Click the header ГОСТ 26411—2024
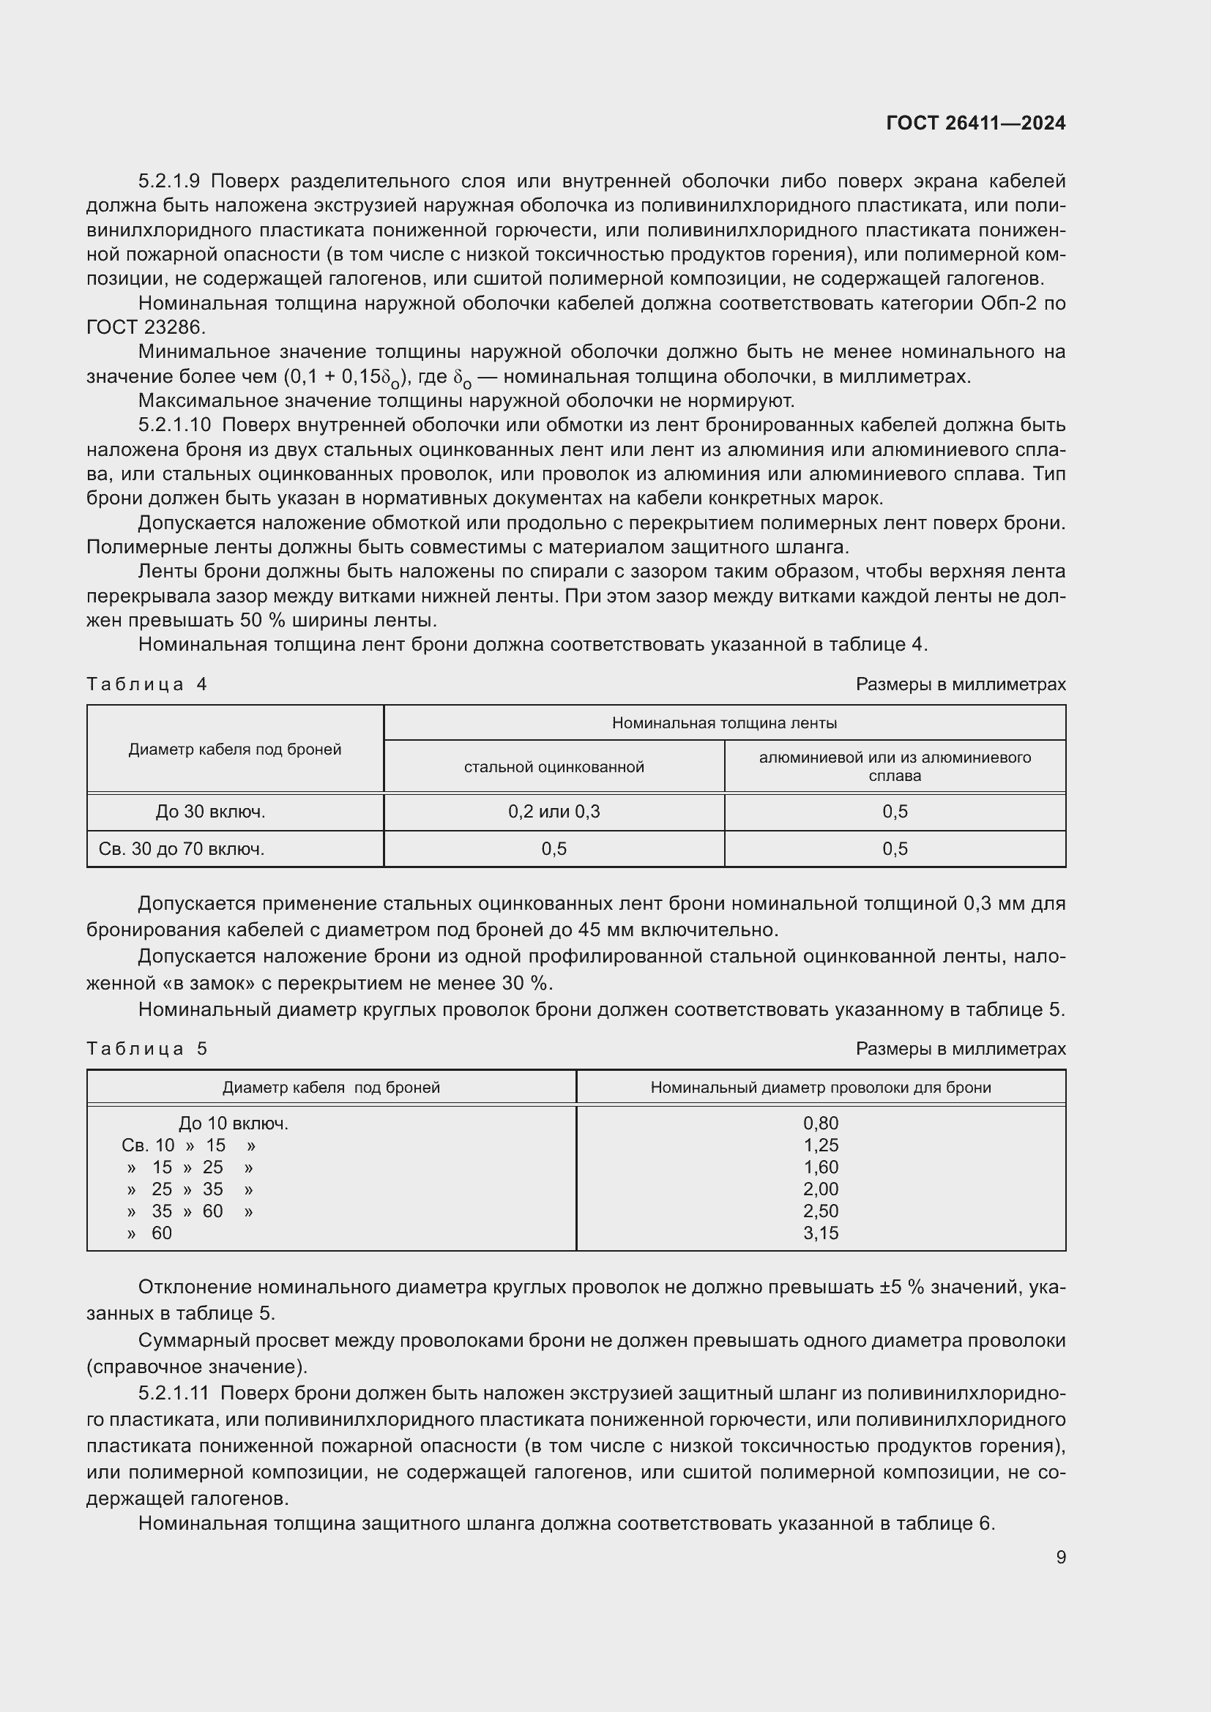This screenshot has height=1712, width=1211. [x=975, y=124]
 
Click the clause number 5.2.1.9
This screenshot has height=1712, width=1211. [x=168, y=182]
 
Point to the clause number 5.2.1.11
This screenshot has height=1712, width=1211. [x=174, y=1393]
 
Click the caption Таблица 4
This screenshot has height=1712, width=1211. [x=147, y=684]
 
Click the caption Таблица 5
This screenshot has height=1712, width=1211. [x=147, y=1049]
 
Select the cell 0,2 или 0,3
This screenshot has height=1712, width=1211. [x=554, y=812]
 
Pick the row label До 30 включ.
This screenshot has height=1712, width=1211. [x=210, y=812]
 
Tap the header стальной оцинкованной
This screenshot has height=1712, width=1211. [x=554, y=767]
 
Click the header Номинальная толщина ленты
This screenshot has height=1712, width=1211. [x=724, y=723]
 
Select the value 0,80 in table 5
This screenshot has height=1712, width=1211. [x=820, y=1123]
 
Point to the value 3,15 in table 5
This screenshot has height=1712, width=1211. [x=820, y=1233]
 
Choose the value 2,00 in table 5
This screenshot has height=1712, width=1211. [x=820, y=1189]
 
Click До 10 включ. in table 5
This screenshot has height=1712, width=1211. [x=234, y=1124]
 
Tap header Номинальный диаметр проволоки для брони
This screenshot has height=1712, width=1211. [x=820, y=1088]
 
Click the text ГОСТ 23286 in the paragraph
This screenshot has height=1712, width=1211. [x=146, y=327]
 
